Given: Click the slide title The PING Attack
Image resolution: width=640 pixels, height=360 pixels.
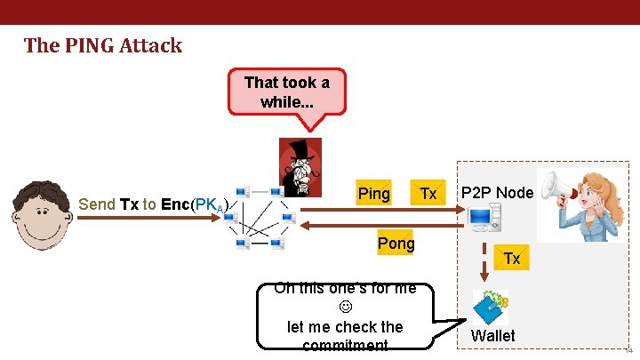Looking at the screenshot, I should pyautogui.click(x=103, y=45).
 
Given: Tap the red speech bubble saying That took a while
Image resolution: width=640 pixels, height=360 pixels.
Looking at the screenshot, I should pyautogui.click(x=286, y=92).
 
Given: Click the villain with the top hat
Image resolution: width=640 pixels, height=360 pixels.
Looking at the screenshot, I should pyautogui.click(x=300, y=167).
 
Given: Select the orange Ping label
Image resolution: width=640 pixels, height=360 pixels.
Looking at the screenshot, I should pyautogui.click(x=373, y=194).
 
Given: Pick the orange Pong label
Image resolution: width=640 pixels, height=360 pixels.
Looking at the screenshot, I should pyautogui.click(x=396, y=243).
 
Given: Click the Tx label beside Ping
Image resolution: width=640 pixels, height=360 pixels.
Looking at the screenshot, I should pyautogui.click(x=428, y=194).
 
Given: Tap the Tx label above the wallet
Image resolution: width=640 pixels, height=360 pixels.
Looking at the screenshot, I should pyautogui.click(x=512, y=258).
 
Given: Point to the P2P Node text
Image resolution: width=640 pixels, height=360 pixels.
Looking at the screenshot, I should pyautogui.click(x=497, y=193).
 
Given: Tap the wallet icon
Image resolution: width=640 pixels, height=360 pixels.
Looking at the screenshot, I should pyautogui.click(x=490, y=308).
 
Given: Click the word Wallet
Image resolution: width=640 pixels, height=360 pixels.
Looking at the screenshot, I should pyautogui.click(x=493, y=336).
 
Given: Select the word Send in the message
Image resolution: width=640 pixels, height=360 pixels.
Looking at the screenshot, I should pyautogui.click(x=97, y=204).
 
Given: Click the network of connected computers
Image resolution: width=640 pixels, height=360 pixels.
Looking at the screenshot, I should pyautogui.click(x=262, y=217).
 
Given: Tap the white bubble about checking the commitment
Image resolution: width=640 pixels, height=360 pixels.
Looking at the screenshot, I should pyautogui.click(x=345, y=316).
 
